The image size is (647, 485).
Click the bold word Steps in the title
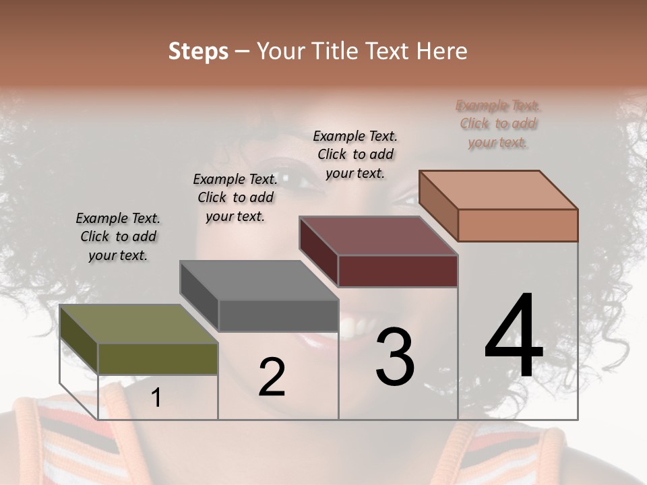(198, 51)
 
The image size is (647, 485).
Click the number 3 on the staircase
(395, 356)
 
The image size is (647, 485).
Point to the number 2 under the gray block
(272, 378)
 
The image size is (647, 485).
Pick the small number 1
(156, 398)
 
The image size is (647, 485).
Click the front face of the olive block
(158, 359)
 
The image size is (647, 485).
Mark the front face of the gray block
(278, 315)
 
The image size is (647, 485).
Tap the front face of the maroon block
(398, 271)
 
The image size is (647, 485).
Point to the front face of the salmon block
(518, 225)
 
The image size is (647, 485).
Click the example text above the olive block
(118, 236)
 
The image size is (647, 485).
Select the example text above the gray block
(235, 197)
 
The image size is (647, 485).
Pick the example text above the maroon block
(355, 154)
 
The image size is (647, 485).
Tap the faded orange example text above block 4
(498, 124)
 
